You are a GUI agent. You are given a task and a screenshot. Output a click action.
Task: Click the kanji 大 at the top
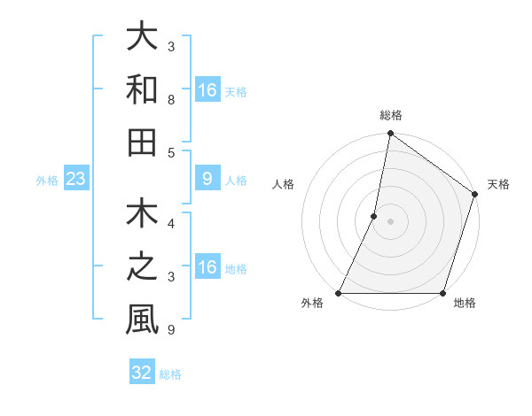[142, 38]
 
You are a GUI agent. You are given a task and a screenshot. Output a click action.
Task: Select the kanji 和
[142, 89]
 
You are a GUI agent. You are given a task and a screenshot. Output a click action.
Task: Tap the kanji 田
[142, 142]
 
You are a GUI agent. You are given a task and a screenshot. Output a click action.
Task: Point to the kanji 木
[142, 216]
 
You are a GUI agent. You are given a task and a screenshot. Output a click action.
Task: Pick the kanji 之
[142, 266]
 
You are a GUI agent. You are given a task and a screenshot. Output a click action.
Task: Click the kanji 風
[142, 319]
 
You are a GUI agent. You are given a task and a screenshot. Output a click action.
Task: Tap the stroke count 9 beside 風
[171, 331]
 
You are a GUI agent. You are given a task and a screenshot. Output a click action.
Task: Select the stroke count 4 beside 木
[171, 224]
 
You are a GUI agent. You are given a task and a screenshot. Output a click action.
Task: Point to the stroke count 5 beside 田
[171, 152]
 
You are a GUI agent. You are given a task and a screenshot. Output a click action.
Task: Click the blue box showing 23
[75, 180]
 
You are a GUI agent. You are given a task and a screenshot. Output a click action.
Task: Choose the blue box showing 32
[142, 373]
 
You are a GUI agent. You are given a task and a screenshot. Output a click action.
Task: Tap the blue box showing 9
[207, 180]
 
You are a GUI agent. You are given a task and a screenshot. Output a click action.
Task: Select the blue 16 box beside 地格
[207, 267]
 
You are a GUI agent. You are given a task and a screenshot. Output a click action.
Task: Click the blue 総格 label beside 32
[170, 374]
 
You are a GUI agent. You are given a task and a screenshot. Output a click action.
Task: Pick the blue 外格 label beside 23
[47, 181]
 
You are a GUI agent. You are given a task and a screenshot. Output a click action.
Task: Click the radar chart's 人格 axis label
[285, 185]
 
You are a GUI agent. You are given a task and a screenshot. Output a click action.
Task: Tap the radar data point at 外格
[339, 293]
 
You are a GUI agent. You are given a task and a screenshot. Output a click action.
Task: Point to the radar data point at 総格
[390, 135]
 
